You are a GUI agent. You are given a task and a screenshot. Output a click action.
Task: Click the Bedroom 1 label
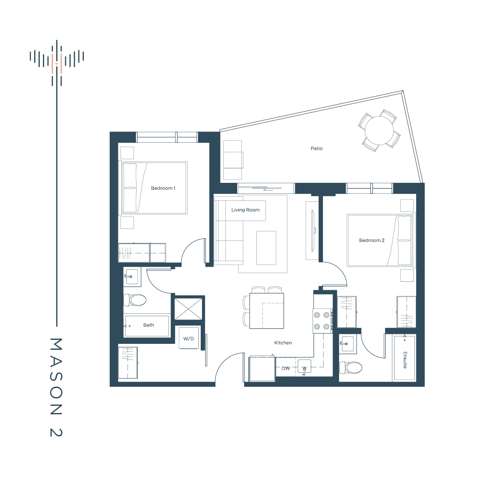163,188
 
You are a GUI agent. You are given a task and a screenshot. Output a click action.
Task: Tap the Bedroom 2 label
372,240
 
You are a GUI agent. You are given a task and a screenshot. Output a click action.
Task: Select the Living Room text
245,210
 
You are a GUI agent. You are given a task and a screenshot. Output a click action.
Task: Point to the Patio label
316,149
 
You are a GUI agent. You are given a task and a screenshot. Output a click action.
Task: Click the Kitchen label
283,343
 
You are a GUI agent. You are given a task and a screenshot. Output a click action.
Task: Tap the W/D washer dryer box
189,338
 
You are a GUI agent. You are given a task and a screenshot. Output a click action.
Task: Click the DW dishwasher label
286,368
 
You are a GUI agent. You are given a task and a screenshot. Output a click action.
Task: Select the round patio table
379,130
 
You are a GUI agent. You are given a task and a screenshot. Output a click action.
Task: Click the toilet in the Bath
135,300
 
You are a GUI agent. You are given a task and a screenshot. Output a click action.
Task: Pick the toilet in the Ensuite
351,368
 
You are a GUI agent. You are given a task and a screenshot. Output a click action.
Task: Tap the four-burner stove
322,321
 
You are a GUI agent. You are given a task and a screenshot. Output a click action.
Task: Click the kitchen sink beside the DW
304,366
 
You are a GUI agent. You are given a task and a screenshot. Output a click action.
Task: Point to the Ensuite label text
405,360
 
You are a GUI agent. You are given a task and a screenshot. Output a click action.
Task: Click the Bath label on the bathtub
149,325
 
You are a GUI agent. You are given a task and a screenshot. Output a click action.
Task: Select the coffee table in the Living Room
266,248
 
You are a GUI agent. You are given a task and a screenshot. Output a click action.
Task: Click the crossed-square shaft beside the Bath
188,309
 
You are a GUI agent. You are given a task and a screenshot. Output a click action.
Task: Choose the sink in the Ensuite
348,344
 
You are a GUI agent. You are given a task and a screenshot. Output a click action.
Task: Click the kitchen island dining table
267,311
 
